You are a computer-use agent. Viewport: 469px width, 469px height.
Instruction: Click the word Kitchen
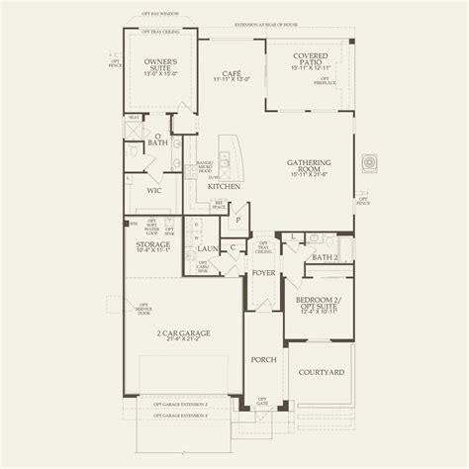224,186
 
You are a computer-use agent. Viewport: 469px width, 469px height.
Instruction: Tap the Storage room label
152,243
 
